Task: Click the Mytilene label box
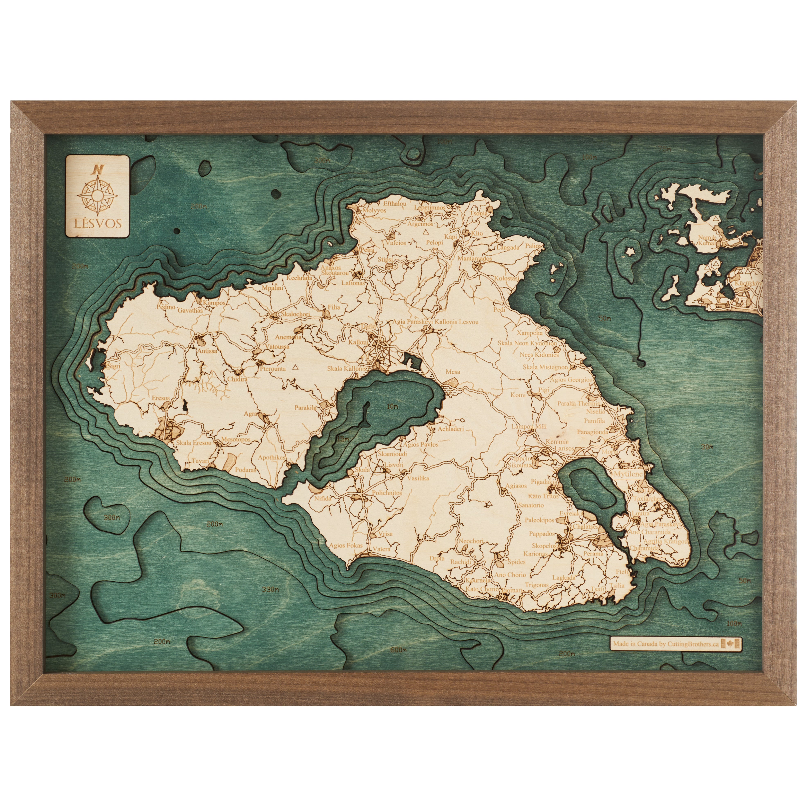pyautogui.click(x=628, y=474)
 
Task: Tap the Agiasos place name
pyautogui.click(x=516, y=486)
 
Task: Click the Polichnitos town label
pyautogui.click(x=387, y=493)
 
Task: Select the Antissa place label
pyautogui.click(x=207, y=351)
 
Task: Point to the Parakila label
pyautogui.click(x=306, y=407)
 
